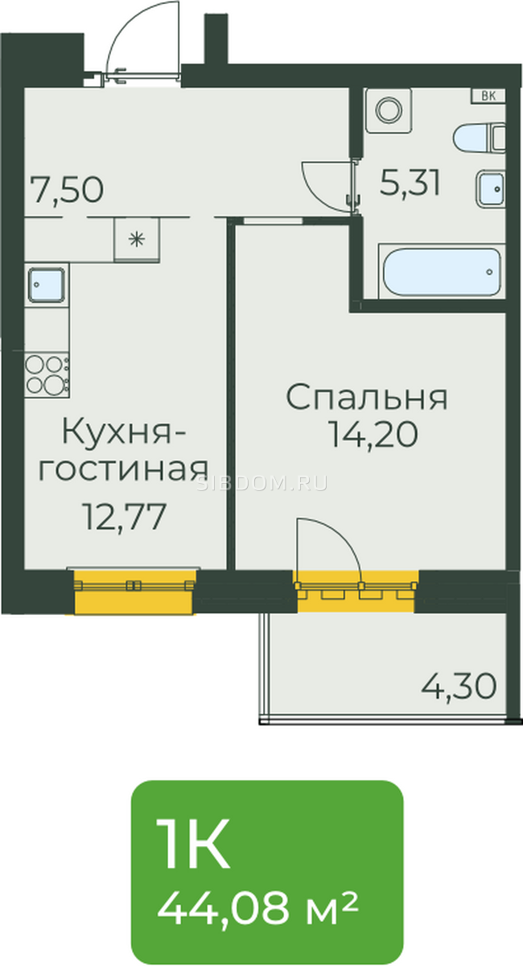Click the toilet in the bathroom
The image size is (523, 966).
tap(479, 138)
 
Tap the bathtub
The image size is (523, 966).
tap(442, 272)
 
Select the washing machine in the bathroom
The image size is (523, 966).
tap(388, 110)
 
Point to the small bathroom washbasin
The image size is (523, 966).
tap(490, 189)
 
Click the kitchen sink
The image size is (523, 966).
tap(46, 285)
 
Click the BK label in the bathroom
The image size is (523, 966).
tap(488, 96)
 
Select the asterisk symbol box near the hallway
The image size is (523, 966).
tap(137, 239)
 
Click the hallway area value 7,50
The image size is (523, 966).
tap(68, 190)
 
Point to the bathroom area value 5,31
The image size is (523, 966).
tap(410, 183)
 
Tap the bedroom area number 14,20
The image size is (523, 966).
tap(373, 434)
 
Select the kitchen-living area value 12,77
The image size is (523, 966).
tap(125, 516)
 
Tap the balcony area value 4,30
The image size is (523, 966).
tap(459, 686)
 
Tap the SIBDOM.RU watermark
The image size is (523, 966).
tap(261, 484)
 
